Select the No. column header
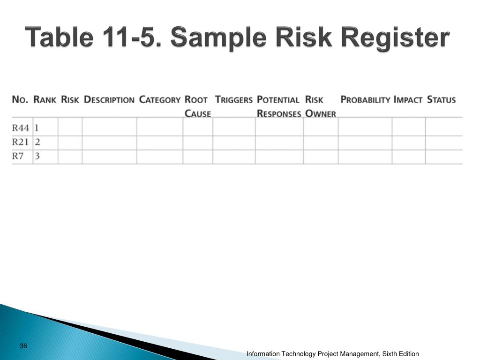(x=20, y=99)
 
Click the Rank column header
(x=45, y=99)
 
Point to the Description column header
(x=109, y=99)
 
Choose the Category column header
(x=160, y=99)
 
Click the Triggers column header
(x=233, y=99)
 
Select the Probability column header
(x=365, y=99)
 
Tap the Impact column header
(x=408, y=99)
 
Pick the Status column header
(x=441, y=99)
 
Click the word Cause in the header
(x=197, y=113)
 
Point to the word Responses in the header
(x=279, y=113)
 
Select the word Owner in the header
(x=321, y=113)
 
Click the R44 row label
(x=21, y=127)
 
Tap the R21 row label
(x=21, y=142)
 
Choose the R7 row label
(x=18, y=156)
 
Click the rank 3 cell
(x=37, y=156)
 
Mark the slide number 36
(x=23, y=346)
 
